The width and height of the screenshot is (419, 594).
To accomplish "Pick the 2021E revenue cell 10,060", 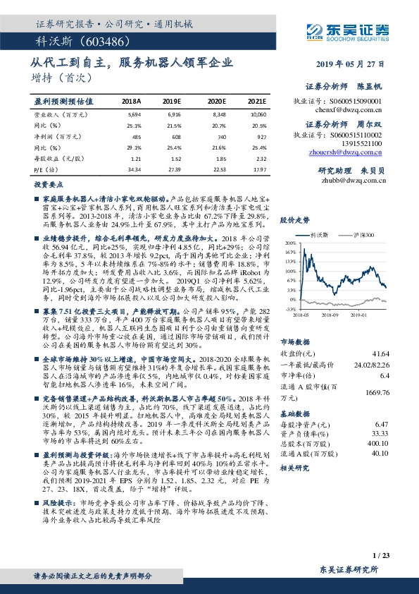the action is (x=257, y=113).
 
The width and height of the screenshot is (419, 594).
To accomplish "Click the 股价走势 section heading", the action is (x=295, y=221).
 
